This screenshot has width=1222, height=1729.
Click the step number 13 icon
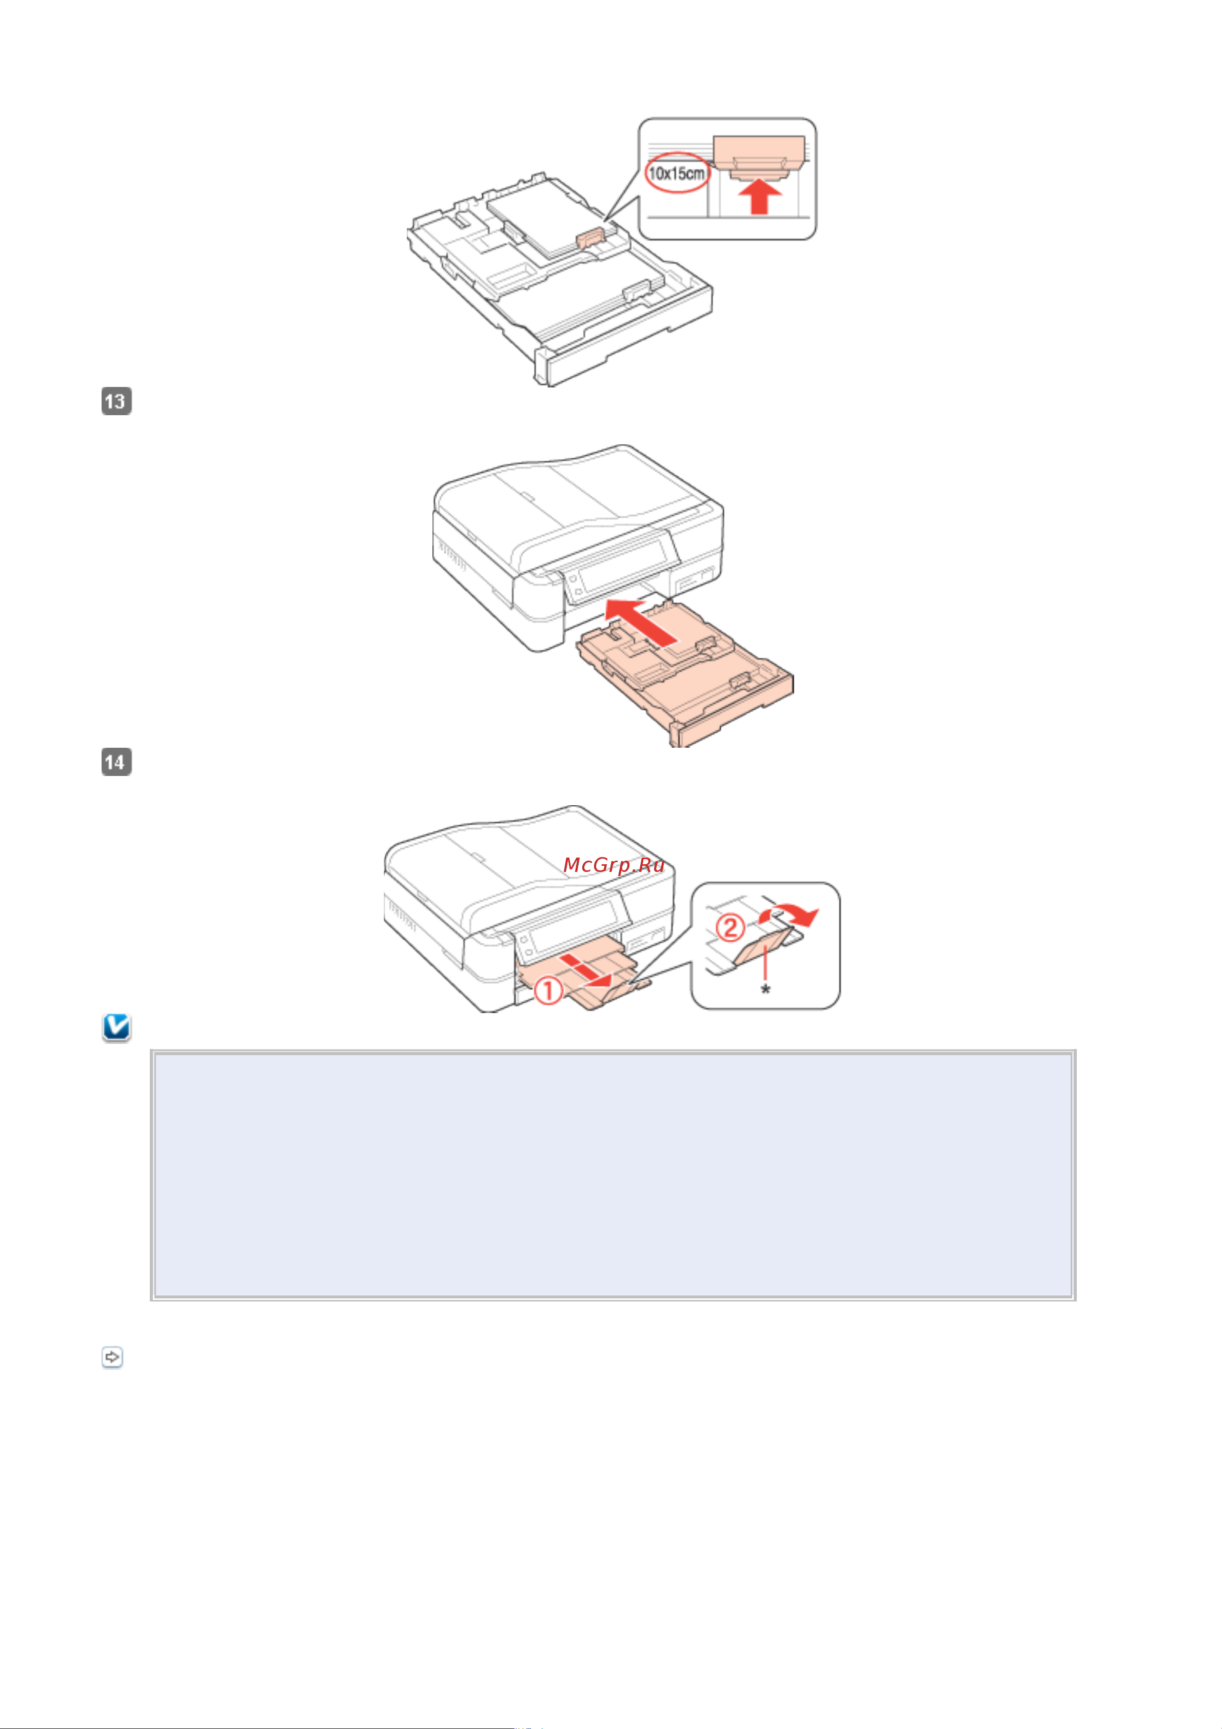click(x=116, y=401)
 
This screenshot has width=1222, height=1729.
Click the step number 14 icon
click(x=116, y=761)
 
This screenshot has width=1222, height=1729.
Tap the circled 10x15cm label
click(x=677, y=173)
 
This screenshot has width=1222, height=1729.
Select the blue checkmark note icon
click(x=116, y=1027)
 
